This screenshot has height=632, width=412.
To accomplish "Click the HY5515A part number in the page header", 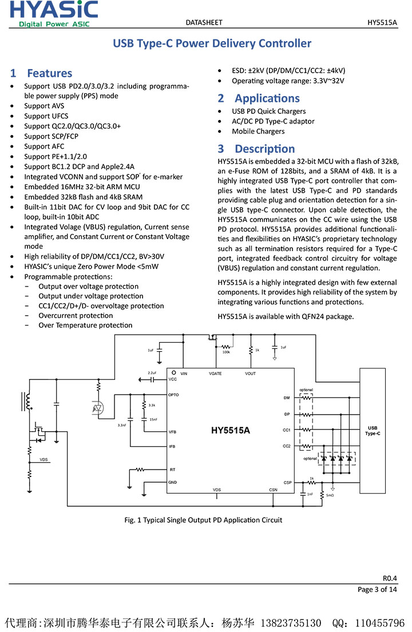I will [x=382, y=22].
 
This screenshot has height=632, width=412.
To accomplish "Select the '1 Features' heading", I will [x=41, y=73].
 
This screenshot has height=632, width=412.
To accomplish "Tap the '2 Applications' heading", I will [x=259, y=98].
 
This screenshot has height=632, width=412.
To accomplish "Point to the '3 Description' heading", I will [x=256, y=149].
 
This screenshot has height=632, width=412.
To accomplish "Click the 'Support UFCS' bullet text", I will [x=46, y=116].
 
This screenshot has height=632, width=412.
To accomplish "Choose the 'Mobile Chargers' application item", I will [x=258, y=132].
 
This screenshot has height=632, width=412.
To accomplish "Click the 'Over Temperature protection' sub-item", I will [x=85, y=325].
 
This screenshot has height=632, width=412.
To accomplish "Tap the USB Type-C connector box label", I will [x=373, y=431].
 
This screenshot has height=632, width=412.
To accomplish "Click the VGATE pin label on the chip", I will [x=215, y=373].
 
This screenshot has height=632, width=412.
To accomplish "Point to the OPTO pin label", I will [x=174, y=395].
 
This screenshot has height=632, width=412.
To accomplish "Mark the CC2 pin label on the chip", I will [x=287, y=446].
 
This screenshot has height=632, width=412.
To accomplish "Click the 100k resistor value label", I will [x=227, y=352].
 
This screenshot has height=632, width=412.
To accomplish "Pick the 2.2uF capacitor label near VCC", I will [x=152, y=373].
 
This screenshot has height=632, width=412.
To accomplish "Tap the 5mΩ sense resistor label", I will [x=330, y=495].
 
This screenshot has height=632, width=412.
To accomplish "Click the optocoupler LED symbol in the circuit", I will [x=98, y=408].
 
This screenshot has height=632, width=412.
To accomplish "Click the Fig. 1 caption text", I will [x=203, y=520].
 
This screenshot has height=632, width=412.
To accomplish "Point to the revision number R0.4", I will [x=390, y=578].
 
